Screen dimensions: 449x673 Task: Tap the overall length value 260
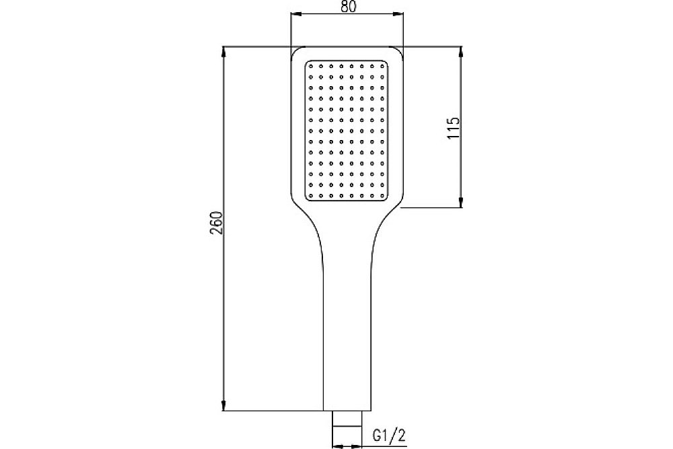216,222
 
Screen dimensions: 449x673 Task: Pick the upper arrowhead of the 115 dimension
460,51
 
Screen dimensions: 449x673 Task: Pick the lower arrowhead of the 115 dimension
460,203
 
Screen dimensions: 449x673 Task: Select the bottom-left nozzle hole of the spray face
312,195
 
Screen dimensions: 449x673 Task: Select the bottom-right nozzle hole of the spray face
382,195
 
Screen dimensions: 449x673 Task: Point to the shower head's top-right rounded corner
398,52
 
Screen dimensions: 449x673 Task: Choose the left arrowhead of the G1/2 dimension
337,444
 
